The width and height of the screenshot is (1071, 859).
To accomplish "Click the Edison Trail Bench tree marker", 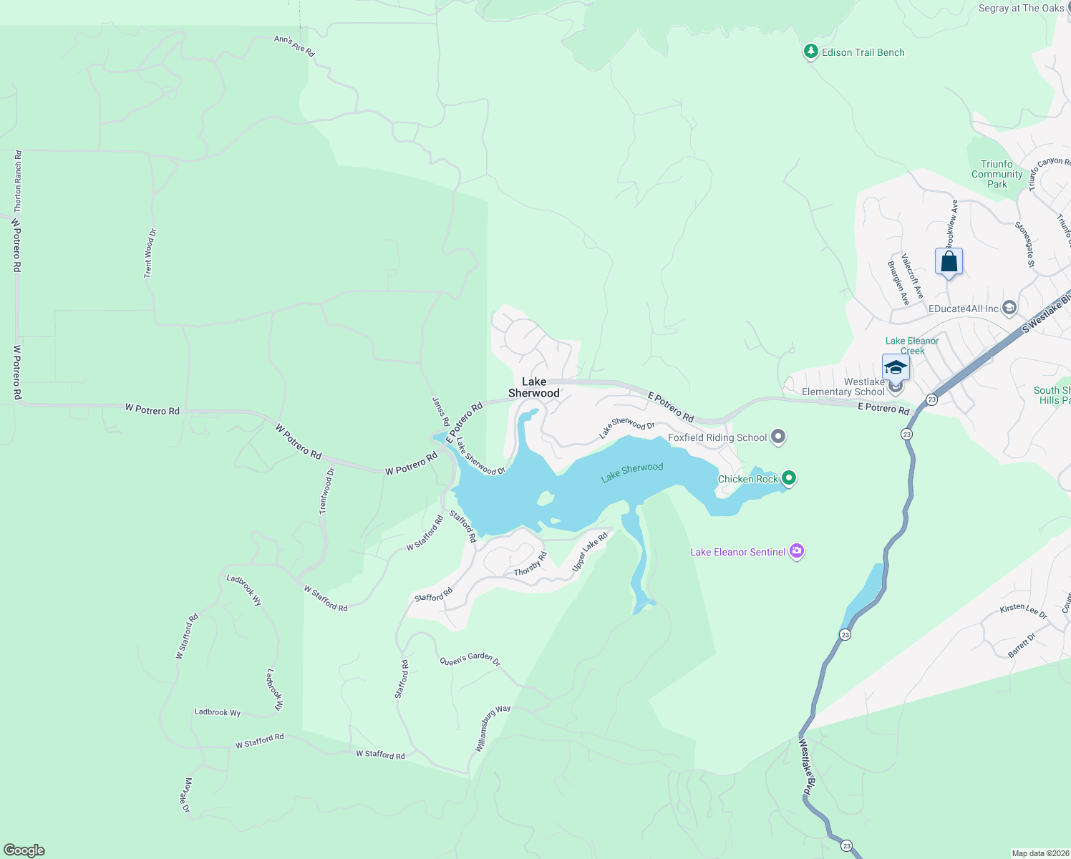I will click(810, 52).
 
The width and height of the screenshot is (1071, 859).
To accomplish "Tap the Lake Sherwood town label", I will click(534, 387).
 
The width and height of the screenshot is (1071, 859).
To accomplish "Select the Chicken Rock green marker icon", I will click(789, 477).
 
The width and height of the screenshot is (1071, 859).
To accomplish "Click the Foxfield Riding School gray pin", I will click(779, 437).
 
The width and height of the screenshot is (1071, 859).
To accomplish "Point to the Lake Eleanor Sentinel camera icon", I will click(797, 551).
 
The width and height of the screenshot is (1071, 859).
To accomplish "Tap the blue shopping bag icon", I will click(949, 262).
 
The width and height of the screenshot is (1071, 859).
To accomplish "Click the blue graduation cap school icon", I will click(896, 367).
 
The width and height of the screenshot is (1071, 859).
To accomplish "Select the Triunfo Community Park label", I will click(997, 174).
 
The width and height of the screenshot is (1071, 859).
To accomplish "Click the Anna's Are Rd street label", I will click(294, 46).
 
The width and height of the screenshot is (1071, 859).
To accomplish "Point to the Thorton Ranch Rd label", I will click(18, 181).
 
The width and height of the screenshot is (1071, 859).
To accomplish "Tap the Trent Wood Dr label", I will click(149, 253).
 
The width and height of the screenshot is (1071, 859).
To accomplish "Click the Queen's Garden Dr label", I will click(470, 660).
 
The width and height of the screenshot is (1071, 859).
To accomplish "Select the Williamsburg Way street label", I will click(493, 728).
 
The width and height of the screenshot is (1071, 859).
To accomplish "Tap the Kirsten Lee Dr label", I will click(1023, 611).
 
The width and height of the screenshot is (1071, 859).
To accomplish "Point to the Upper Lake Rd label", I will click(589, 552).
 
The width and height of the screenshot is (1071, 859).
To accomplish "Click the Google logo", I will click(24, 850).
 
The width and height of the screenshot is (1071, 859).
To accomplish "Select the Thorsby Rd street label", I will click(530, 564).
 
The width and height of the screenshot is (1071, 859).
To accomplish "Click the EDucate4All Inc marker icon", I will click(1009, 308).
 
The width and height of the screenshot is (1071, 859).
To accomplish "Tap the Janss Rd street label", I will click(441, 412).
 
